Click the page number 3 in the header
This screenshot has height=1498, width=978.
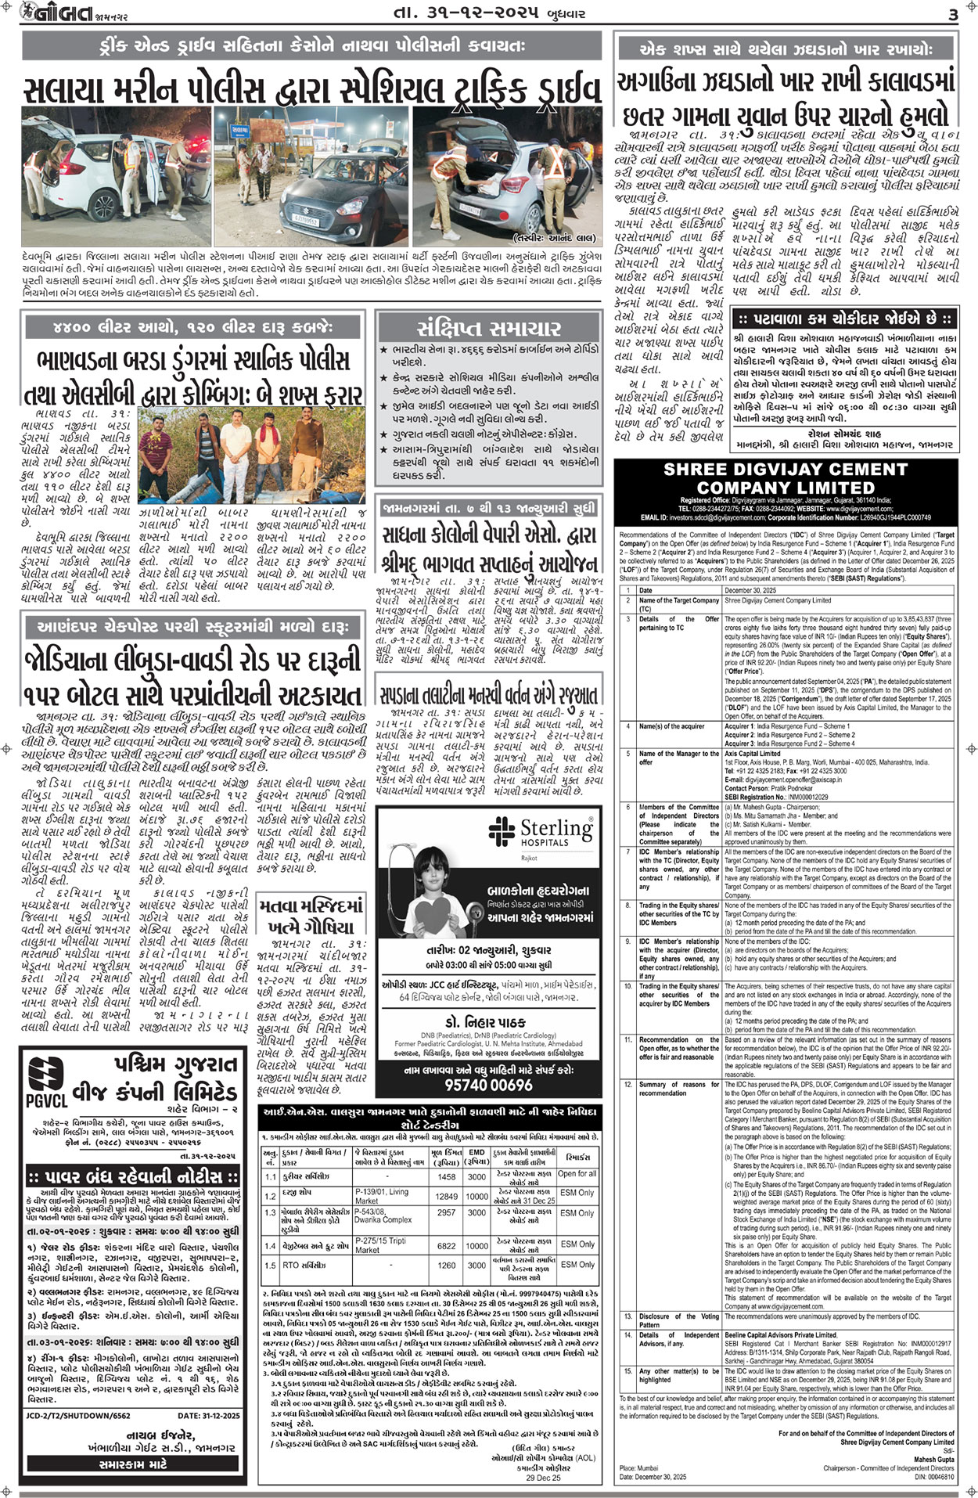tap(952, 15)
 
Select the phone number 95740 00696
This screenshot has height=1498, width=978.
tap(488, 1084)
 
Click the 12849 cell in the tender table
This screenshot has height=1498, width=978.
tap(446, 1196)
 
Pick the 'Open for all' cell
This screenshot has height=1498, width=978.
tap(577, 1174)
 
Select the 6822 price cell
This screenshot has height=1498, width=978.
tap(446, 1245)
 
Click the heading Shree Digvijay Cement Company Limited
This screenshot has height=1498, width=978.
tap(785, 478)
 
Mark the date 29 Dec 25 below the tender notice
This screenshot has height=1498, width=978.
tap(543, 1477)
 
